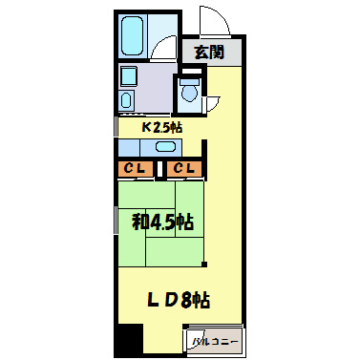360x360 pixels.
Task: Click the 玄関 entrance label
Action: click(209, 53)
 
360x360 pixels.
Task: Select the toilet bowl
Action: click(188, 94)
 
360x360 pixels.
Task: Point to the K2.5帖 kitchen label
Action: click(162, 126)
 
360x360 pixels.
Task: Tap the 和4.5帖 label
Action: click(163, 222)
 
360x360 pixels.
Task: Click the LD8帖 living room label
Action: click(179, 300)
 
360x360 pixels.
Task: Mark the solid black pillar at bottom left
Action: click(128, 340)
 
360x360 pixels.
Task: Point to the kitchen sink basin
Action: click(166, 146)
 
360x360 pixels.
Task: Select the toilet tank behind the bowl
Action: click(188, 81)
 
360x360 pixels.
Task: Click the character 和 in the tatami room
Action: click(140, 222)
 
